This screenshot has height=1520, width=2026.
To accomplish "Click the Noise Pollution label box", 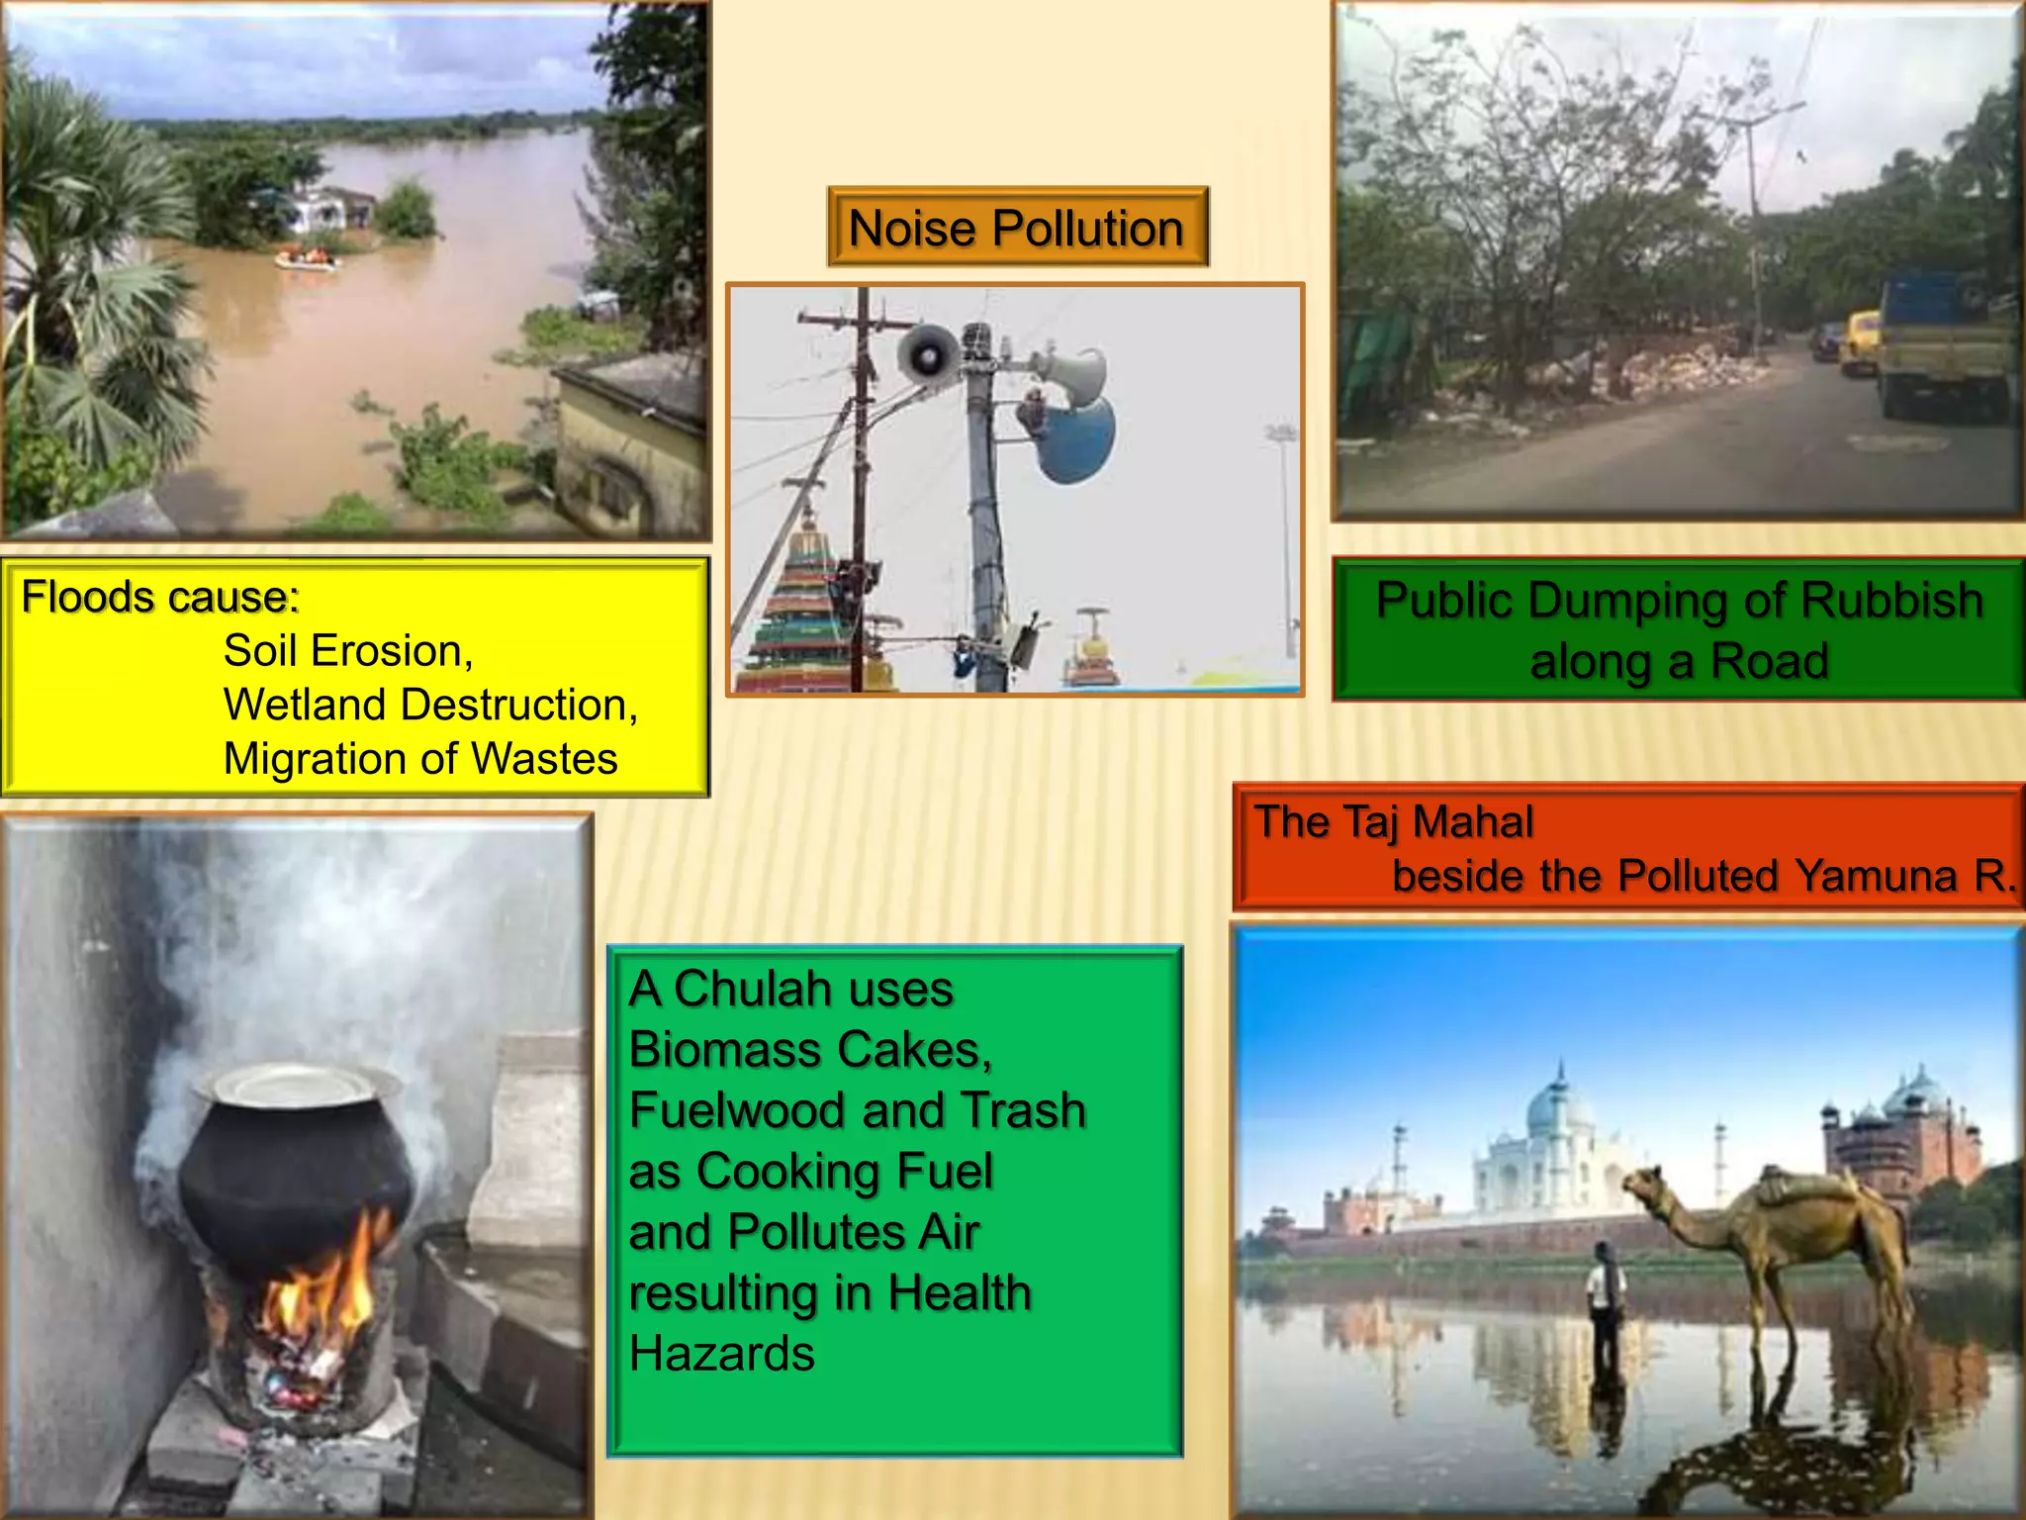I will pyautogui.click(x=1017, y=228).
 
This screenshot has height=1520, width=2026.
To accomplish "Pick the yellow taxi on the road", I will pyautogui.click(x=1860, y=341).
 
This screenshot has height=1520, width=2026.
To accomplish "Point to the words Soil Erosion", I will pyautogui.click(x=348, y=651).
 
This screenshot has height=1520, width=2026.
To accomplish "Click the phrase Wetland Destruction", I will pyautogui.click(x=430, y=705).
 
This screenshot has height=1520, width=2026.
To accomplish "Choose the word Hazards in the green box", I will pyautogui.click(x=722, y=1354).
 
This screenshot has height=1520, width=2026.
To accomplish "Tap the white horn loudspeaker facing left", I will pyautogui.click(x=928, y=353).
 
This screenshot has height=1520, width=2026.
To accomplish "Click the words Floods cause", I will pyautogui.click(x=160, y=598).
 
